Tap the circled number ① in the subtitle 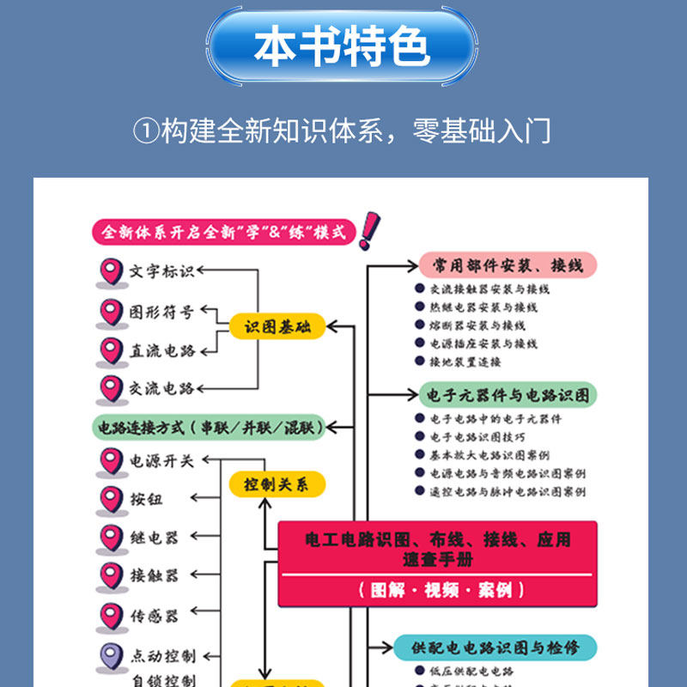point(146,131)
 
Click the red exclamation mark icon point(369,230)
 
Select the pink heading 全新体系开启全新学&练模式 point(223,233)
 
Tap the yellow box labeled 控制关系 point(277,484)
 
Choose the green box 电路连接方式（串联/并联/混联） point(209,426)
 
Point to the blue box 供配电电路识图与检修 point(494,647)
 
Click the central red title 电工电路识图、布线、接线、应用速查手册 point(438,549)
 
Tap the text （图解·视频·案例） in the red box point(438,590)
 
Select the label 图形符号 point(162,312)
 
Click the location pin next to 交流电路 point(111,388)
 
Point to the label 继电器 point(155,538)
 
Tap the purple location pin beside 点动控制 point(111,655)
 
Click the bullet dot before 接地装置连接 point(419,362)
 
